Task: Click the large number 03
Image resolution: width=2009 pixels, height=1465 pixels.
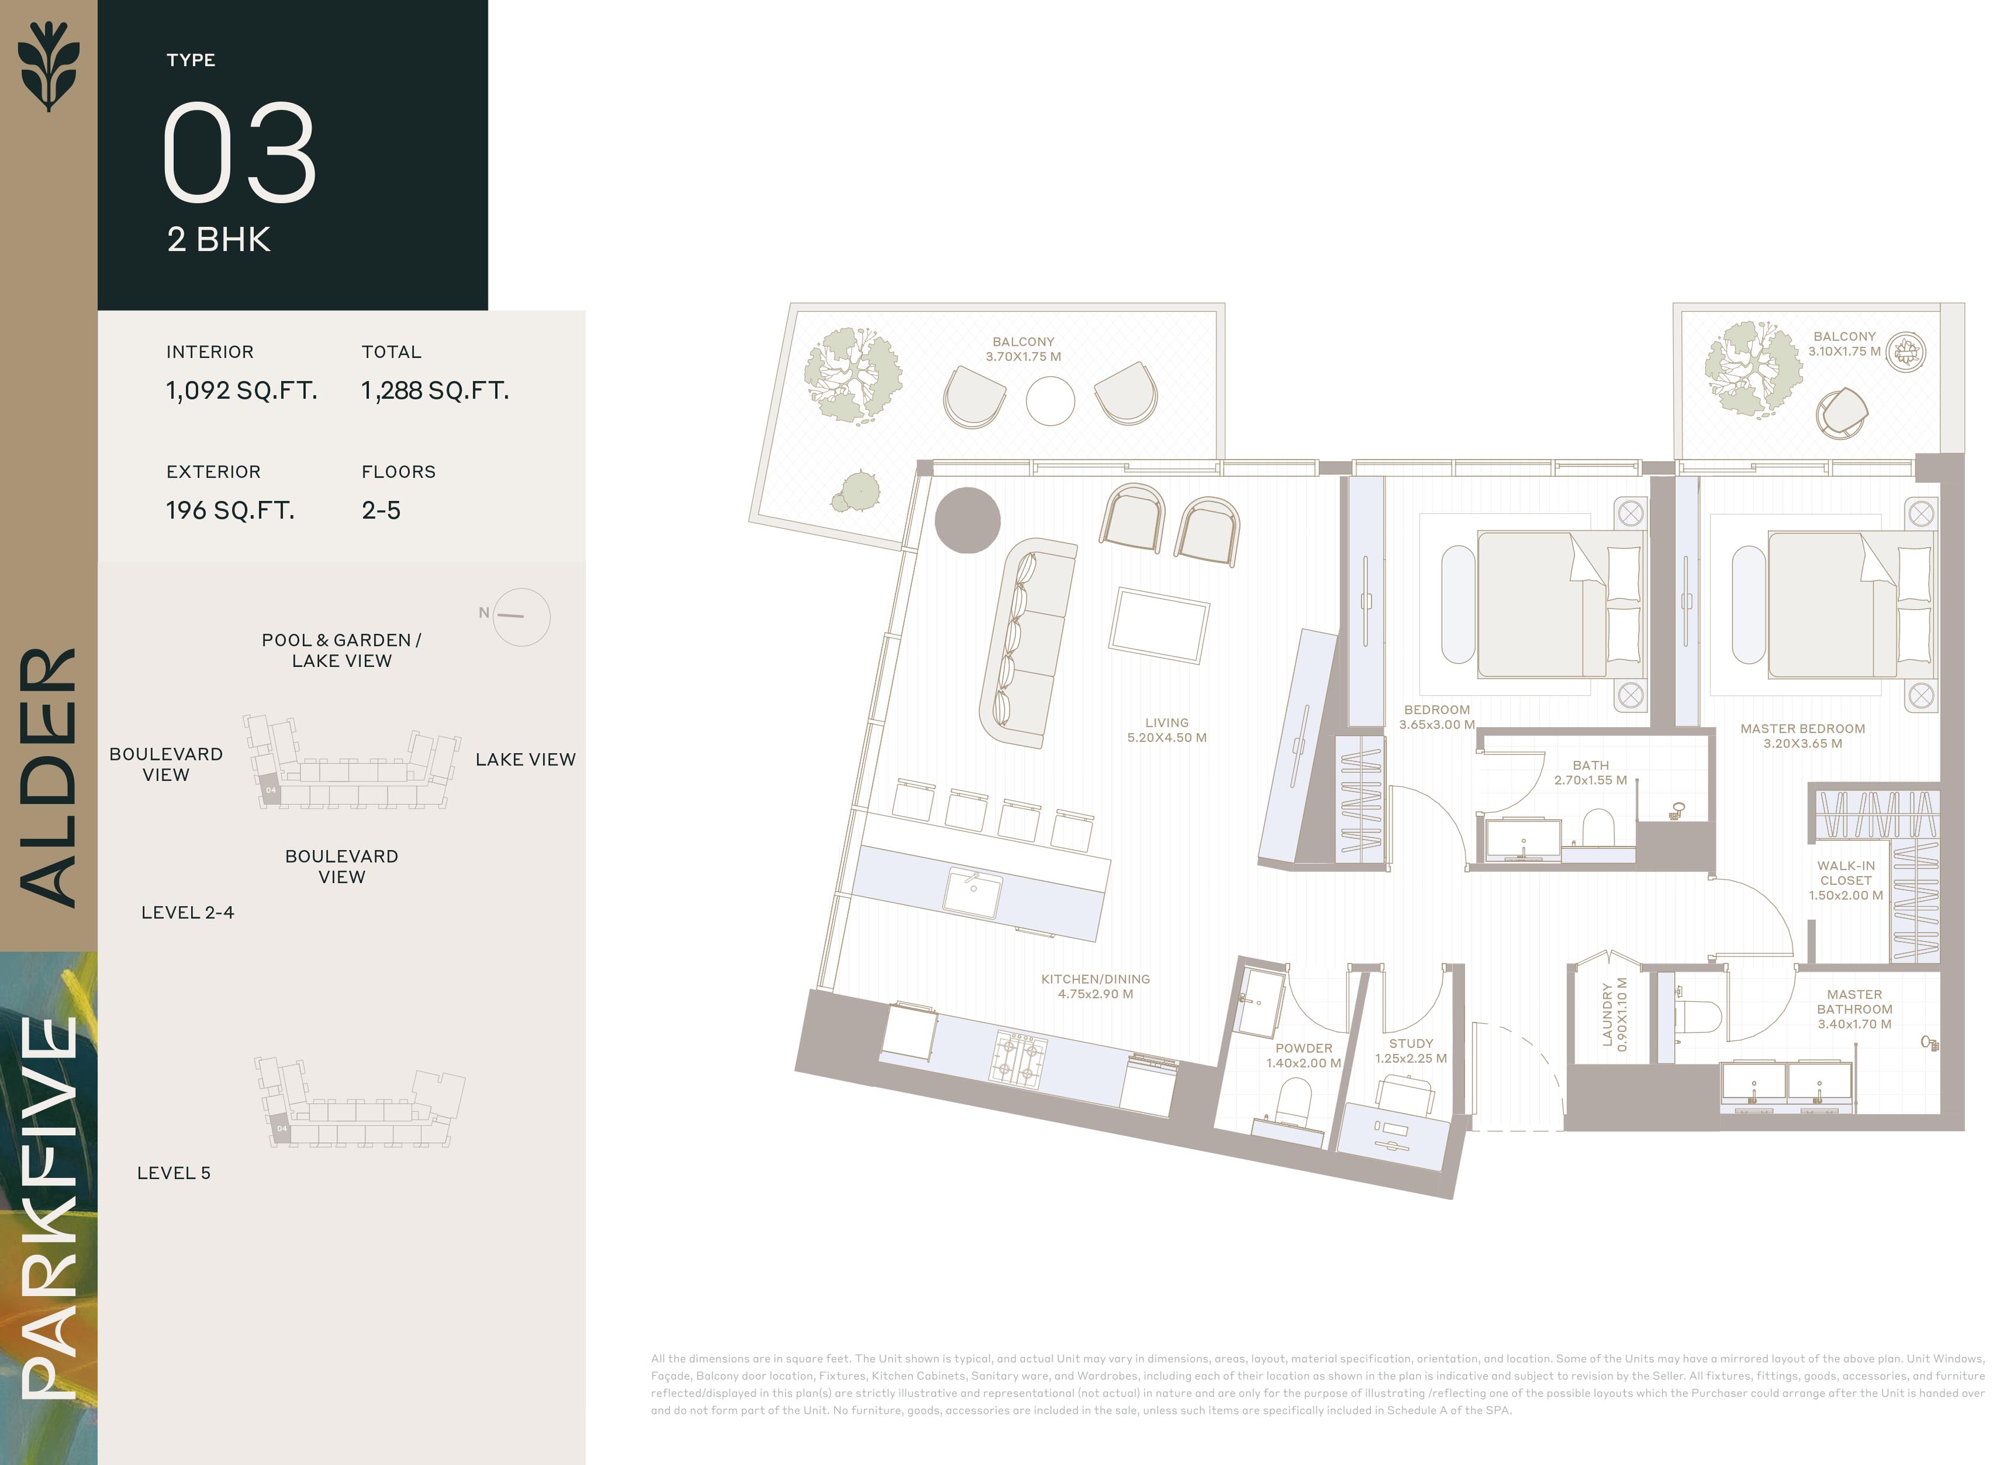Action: click(239, 152)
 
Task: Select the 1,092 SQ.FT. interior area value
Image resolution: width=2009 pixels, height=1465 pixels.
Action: click(241, 390)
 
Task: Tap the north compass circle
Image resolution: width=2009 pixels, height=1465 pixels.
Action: click(522, 617)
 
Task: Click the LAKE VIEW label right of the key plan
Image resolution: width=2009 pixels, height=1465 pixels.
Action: click(526, 759)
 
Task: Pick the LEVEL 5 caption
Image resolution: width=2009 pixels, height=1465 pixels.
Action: click(174, 1173)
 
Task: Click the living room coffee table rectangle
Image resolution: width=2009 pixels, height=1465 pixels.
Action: click(1159, 625)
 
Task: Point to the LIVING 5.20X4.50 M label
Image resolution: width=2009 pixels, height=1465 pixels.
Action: click(1166, 730)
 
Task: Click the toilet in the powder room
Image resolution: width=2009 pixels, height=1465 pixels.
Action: click(1294, 1102)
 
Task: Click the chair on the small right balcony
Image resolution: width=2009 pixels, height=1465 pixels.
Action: click(1841, 412)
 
